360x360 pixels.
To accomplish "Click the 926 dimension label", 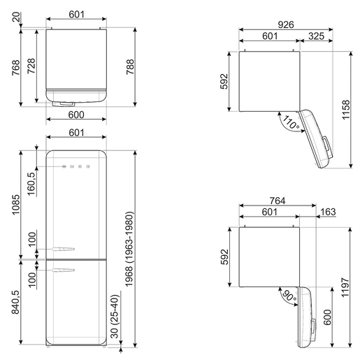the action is (x=286, y=24).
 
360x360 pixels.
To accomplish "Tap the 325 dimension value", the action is (x=316, y=36).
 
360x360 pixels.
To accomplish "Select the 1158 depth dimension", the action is (x=346, y=110).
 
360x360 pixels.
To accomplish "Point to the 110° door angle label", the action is (x=291, y=122).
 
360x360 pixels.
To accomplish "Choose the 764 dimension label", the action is (x=278, y=201).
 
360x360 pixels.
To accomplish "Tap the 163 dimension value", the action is (x=328, y=212).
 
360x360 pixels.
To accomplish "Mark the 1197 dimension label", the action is (x=345, y=287).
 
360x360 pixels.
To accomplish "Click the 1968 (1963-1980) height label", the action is (x=129, y=249).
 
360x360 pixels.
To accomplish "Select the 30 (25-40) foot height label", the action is (x=115, y=316).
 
